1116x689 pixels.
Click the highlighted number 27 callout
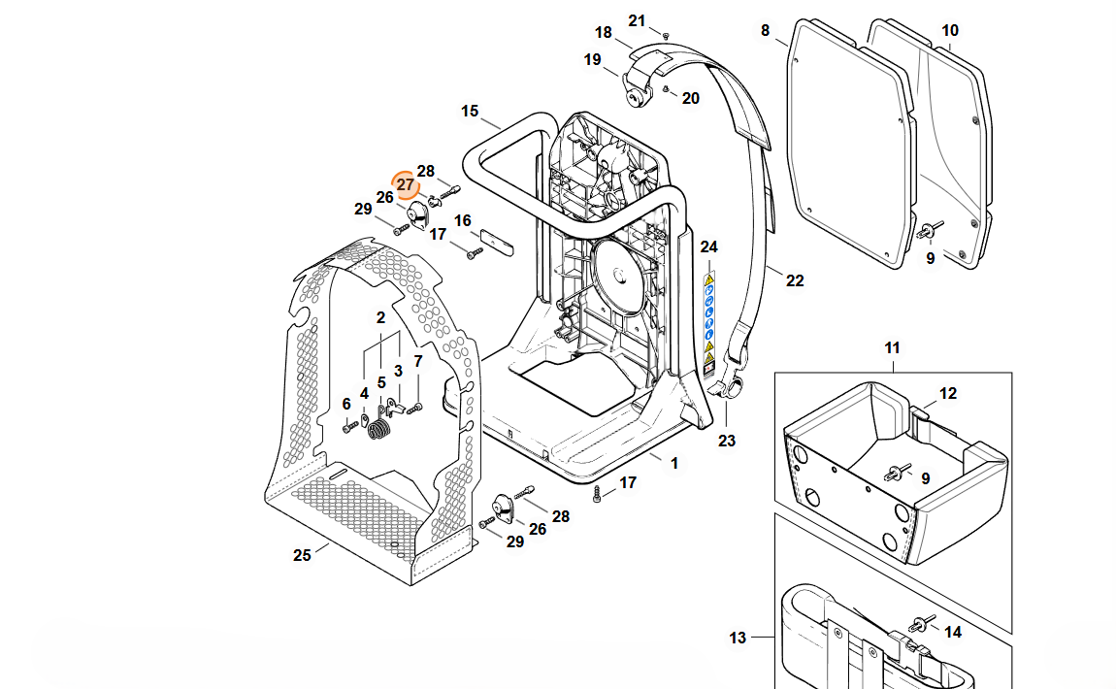[x=405, y=184]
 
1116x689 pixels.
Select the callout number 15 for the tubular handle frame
[x=470, y=112]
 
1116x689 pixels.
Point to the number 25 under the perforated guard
[x=302, y=555]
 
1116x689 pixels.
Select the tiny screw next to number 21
[x=665, y=35]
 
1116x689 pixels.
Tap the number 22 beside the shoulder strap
[x=795, y=281]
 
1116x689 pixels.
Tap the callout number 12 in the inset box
[x=948, y=394]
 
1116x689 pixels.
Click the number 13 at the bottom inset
[x=738, y=638]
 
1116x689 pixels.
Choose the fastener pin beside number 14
[x=917, y=623]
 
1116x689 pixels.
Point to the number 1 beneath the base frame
[x=674, y=464]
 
